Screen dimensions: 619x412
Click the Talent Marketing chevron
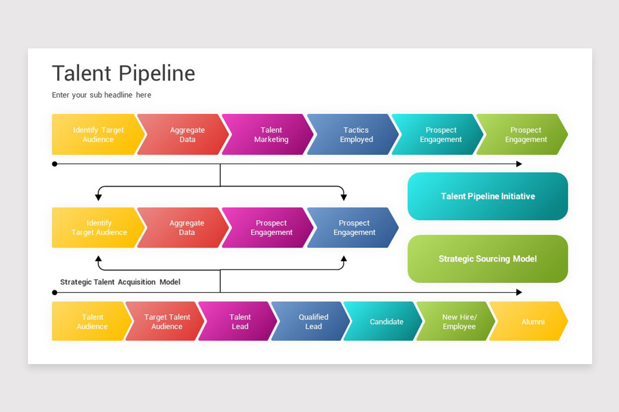point(268,134)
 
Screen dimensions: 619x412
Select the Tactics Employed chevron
point(353,134)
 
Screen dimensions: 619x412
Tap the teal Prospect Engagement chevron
point(437,134)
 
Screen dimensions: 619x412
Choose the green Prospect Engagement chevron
point(522,134)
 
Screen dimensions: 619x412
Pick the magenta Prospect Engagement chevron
point(268,228)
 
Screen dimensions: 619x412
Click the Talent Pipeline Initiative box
point(488,196)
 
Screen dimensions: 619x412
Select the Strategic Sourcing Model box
point(488,259)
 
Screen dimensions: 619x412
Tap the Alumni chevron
point(529,321)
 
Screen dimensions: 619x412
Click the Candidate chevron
point(383,321)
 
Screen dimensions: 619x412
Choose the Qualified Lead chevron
point(311,321)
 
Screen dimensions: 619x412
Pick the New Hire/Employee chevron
point(455,321)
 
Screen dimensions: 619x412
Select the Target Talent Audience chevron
point(165,321)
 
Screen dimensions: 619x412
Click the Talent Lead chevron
point(238,321)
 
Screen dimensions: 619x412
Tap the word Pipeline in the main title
point(157,74)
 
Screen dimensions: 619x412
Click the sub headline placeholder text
point(102,95)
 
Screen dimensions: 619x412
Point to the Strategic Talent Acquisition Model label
point(120,282)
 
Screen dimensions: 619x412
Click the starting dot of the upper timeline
point(55,164)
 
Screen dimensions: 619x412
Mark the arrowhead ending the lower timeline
point(519,293)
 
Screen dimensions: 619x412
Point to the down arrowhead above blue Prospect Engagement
point(344,197)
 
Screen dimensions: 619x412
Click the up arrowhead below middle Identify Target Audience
point(99,259)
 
